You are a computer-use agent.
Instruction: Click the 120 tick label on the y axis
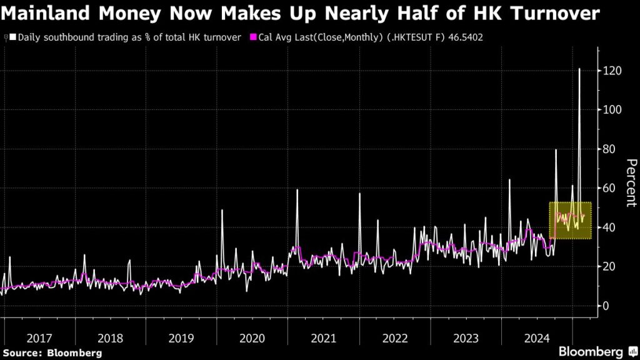click(612, 71)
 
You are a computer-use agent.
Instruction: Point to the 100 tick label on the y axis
click(612, 110)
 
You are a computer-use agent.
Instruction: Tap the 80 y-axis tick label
click(609, 149)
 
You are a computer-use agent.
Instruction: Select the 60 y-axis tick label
click(609, 188)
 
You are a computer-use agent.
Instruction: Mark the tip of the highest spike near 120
click(579, 69)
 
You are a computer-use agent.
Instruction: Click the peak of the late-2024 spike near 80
click(556, 150)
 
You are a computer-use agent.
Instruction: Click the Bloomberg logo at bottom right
click(596, 351)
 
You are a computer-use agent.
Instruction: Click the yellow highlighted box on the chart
click(570, 221)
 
